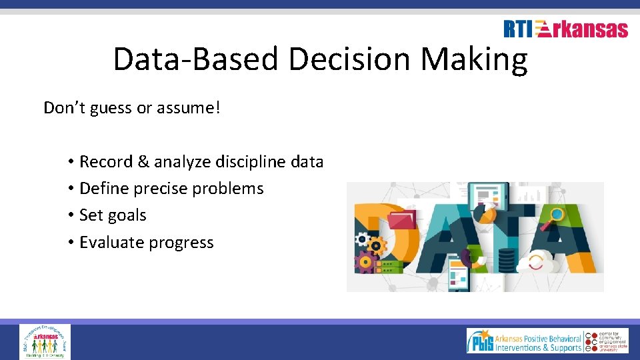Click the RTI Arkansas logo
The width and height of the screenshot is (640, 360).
[x=565, y=29]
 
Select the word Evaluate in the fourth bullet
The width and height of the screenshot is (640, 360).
[x=111, y=242]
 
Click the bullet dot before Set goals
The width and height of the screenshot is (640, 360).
[x=70, y=215]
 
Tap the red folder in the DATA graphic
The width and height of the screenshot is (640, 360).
[x=402, y=219]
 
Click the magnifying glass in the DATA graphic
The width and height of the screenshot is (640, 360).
[x=555, y=214]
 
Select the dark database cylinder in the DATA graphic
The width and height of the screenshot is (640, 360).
[x=507, y=257]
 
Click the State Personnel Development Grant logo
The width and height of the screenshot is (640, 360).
[x=45, y=341]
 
